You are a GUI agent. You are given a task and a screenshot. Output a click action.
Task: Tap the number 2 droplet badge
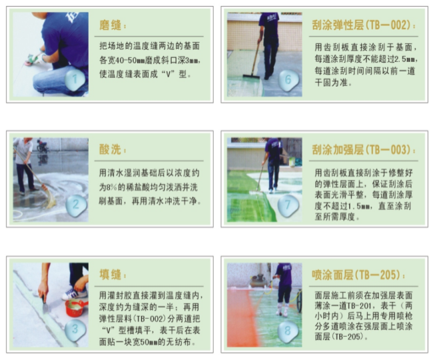(77, 204)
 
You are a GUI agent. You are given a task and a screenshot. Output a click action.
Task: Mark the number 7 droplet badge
(288, 204)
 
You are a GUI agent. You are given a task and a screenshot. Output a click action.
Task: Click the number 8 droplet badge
(288, 328)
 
